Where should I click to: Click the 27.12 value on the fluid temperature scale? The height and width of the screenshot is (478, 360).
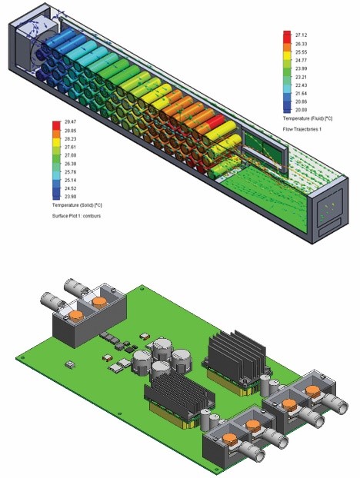pos(301,35)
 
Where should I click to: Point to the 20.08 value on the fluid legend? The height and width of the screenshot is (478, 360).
pos(301,110)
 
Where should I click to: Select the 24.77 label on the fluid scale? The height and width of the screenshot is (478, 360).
pos(301,61)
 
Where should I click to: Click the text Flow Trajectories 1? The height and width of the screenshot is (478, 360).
pos(302,129)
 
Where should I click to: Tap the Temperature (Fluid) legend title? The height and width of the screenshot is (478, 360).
pos(308,118)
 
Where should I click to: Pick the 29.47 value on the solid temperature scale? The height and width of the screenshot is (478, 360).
pos(70,121)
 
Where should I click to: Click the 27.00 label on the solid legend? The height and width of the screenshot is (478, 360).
pos(70,155)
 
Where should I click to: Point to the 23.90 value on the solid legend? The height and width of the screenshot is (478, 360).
pos(70,197)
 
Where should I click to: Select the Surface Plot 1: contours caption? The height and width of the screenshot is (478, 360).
pos(76,216)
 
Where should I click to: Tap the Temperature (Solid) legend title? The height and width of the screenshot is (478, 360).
pos(77,205)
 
